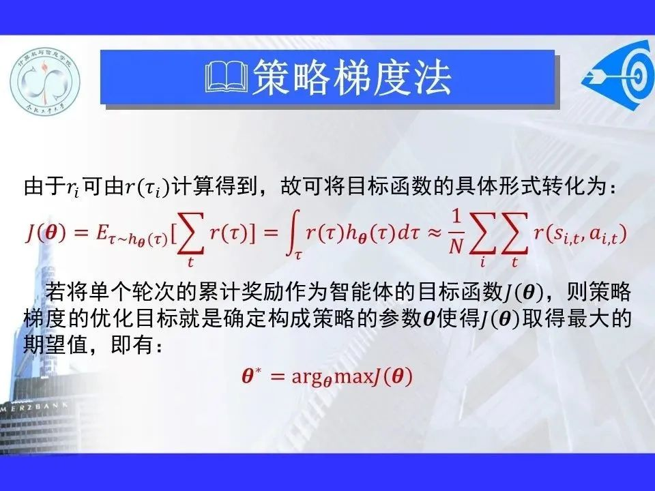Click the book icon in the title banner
click(x=227, y=77)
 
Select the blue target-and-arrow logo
click(x=618, y=75)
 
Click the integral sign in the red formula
click(x=294, y=235)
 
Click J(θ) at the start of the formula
click(x=46, y=233)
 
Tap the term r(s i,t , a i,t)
click(x=581, y=234)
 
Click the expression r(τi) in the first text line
click(x=147, y=188)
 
